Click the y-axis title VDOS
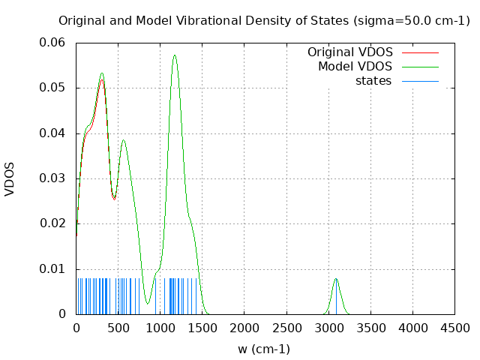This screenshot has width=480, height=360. [x=10, y=180]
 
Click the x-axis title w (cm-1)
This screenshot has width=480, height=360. [x=264, y=349]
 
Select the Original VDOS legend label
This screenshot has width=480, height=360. [x=349, y=52]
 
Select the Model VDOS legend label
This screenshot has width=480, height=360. [x=355, y=67]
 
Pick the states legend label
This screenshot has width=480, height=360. [x=373, y=80]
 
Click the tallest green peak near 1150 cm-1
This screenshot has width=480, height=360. [x=175, y=55]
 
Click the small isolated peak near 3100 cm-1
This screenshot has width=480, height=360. [x=336, y=279]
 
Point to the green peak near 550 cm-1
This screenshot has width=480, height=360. [x=124, y=140]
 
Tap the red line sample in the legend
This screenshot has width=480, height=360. [x=420, y=52]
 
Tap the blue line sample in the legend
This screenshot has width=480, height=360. [x=420, y=80]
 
